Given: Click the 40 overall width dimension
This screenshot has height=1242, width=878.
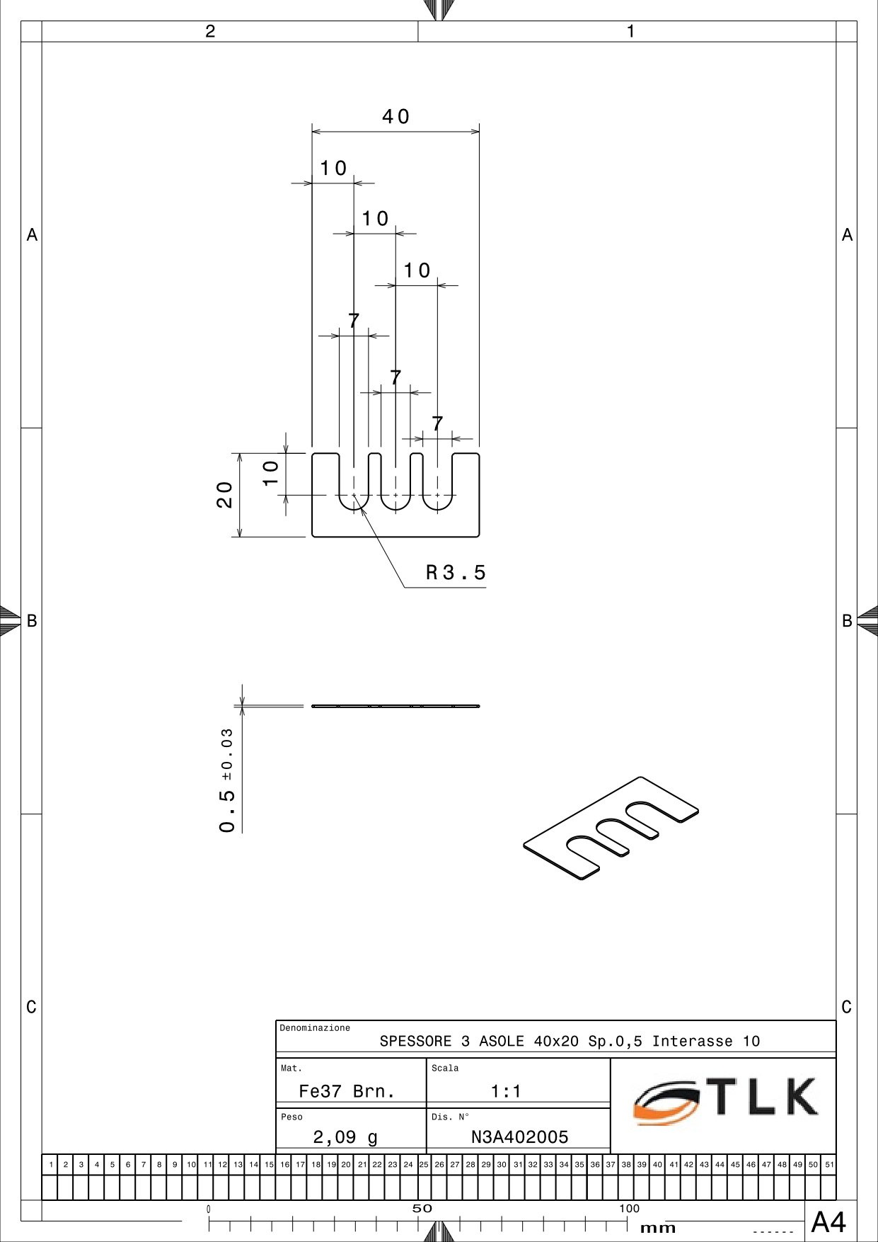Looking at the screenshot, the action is pyautogui.click(x=395, y=116).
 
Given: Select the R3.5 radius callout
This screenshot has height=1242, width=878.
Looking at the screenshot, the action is pyautogui.click(x=456, y=572).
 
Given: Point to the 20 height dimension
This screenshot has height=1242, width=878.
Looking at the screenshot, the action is pyautogui.click(x=224, y=495).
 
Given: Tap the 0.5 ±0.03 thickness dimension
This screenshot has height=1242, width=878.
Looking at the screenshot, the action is pyautogui.click(x=227, y=780).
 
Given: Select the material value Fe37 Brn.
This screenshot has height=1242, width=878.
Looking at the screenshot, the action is pyautogui.click(x=347, y=1091).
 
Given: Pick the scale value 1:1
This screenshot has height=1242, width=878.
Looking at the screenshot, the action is pyautogui.click(x=506, y=1091).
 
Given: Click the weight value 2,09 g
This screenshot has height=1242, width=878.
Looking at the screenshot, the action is pyautogui.click(x=345, y=1137).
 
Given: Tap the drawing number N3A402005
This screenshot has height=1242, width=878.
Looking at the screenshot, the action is pyautogui.click(x=520, y=1137).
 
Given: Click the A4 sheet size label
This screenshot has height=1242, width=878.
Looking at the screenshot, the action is pyautogui.click(x=828, y=1222).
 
